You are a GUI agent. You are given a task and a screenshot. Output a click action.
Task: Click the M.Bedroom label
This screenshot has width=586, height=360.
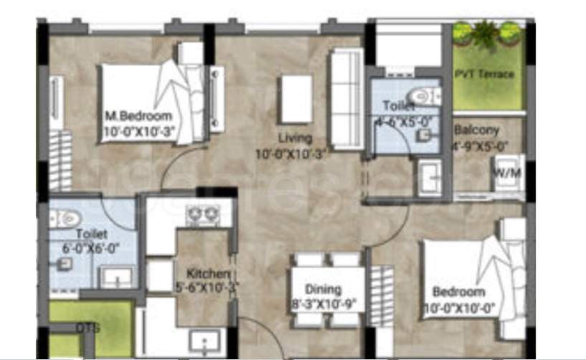(x=138, y=115)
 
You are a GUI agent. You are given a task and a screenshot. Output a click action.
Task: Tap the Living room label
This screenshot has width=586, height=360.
(x=296, y=138)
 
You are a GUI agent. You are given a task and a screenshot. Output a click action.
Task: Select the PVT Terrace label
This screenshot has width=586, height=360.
(x=484, y=74)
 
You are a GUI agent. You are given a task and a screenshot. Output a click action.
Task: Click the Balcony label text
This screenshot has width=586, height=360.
(x=476, y=131)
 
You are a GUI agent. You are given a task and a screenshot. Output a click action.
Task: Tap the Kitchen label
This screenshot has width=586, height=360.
(x=208, y=274)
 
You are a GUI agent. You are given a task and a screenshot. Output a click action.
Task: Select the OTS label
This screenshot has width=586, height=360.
(x=88, y=328)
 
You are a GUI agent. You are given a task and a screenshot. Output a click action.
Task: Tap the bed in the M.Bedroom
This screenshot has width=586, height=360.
(x=141, y=100)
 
